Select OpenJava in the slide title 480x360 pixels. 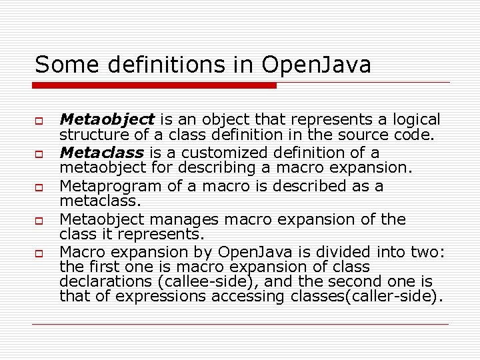tap(317, 65)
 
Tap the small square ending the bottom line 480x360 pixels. tap(446, 325)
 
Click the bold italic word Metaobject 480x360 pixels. tap(107, 120)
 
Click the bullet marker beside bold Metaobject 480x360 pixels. tap(39, 121)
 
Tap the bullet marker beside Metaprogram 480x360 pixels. tap(39, 187)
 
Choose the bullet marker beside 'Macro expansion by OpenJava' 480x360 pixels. tap(39, 254)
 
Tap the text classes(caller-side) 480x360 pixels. tap(367, 297)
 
